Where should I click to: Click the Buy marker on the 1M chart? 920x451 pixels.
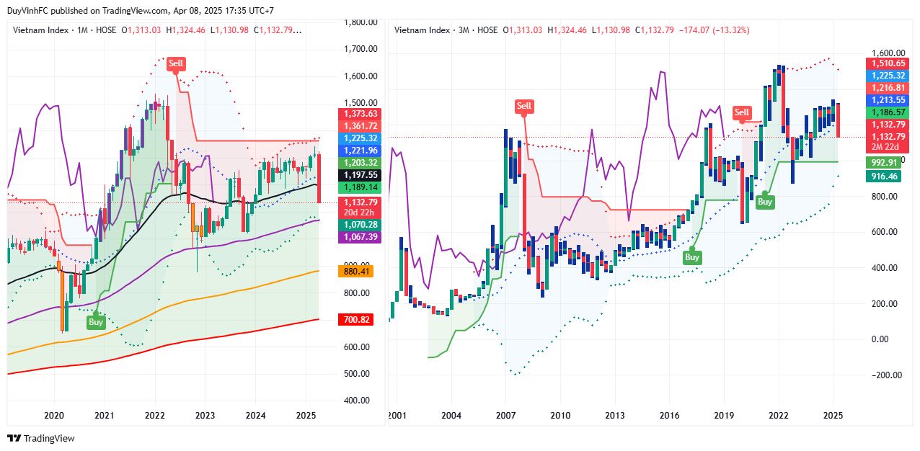click(96, 322)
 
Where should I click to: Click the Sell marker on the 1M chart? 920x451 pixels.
click(176, 63)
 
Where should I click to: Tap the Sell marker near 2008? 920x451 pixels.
click(524, 107)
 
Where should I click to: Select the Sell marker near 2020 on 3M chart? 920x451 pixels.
click(742, 112)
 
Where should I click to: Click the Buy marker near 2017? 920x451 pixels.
click(691, 257)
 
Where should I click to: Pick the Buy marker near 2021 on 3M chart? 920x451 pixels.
click(764, 202)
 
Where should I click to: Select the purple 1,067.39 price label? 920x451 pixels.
click(358, 236)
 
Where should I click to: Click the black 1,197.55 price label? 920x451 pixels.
click(358, 175)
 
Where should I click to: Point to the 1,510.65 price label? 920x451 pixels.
click(888, 63)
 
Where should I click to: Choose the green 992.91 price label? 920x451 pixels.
click(883, 163)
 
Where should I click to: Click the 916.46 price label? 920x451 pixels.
click(883, 176)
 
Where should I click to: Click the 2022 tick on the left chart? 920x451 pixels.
click(155, 415)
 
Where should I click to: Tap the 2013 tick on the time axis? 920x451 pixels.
click(615, 415)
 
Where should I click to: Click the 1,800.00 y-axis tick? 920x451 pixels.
click(361, 22)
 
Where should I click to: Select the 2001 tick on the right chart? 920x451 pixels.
click(396, 415)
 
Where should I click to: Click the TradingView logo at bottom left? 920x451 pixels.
click(41, 438)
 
